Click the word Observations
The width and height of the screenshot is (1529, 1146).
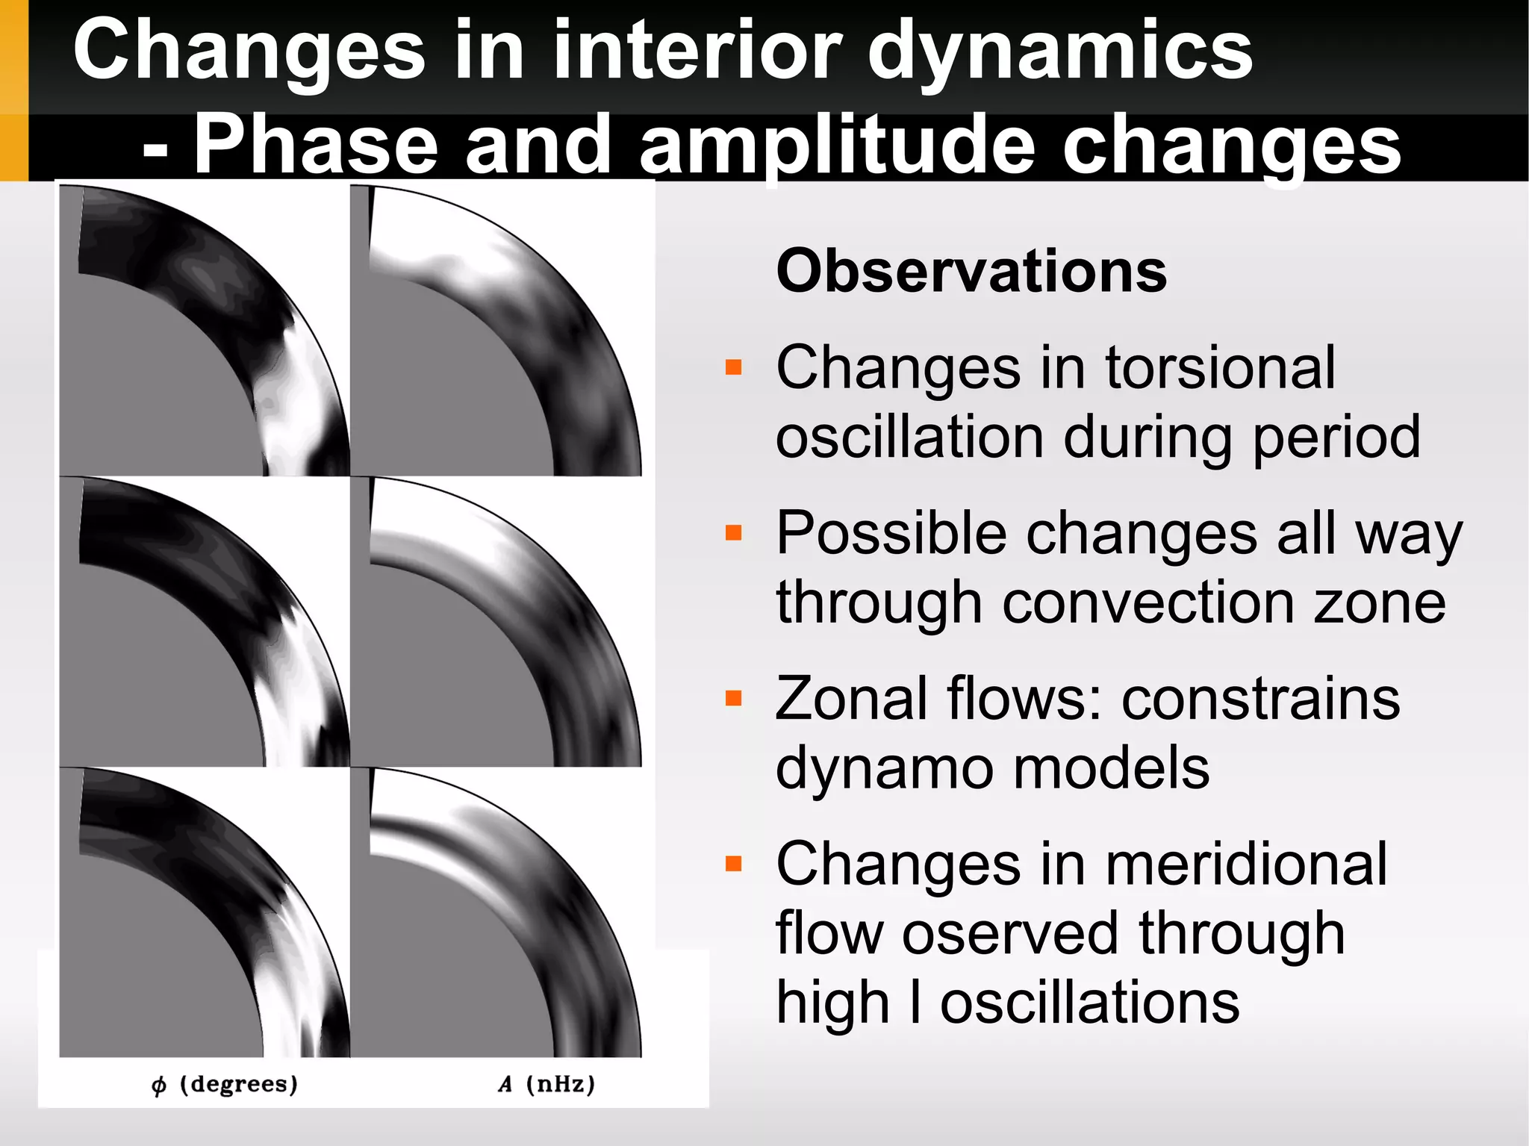tap(971, 271)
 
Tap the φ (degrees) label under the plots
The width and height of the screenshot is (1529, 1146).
tap(225, 1084)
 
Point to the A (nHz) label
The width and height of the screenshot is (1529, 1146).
tap(546, 1084)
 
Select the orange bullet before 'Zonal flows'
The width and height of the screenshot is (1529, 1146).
tap(734, 698)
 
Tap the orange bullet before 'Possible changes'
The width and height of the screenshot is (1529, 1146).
tap(734, 532)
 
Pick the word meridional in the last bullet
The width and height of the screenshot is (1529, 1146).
tap(1246, 864)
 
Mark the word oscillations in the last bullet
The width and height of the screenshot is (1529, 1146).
tap(1089, 1002)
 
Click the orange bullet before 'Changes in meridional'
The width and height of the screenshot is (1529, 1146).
tap(734, 864)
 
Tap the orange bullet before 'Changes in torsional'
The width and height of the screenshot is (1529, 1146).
tap(734, 367)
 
